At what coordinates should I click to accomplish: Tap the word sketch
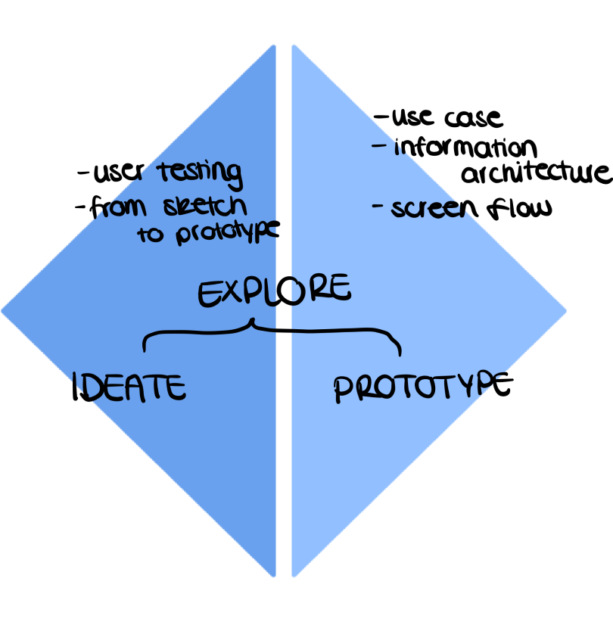[x=204, y=206]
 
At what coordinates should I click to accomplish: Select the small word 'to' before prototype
[x=150, y=234]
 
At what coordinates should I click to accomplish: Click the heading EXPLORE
[x=274, y=291]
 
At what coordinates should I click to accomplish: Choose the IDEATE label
[x=136, y=388]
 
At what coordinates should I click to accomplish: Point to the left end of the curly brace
[x=145, y=349]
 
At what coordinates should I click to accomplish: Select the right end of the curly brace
[x=400, y=353]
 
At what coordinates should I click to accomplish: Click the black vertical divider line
[x=284, y=454]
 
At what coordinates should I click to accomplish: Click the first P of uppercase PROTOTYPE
[x=344, y=390]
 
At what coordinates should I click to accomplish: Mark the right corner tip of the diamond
[x=566, y=310]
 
